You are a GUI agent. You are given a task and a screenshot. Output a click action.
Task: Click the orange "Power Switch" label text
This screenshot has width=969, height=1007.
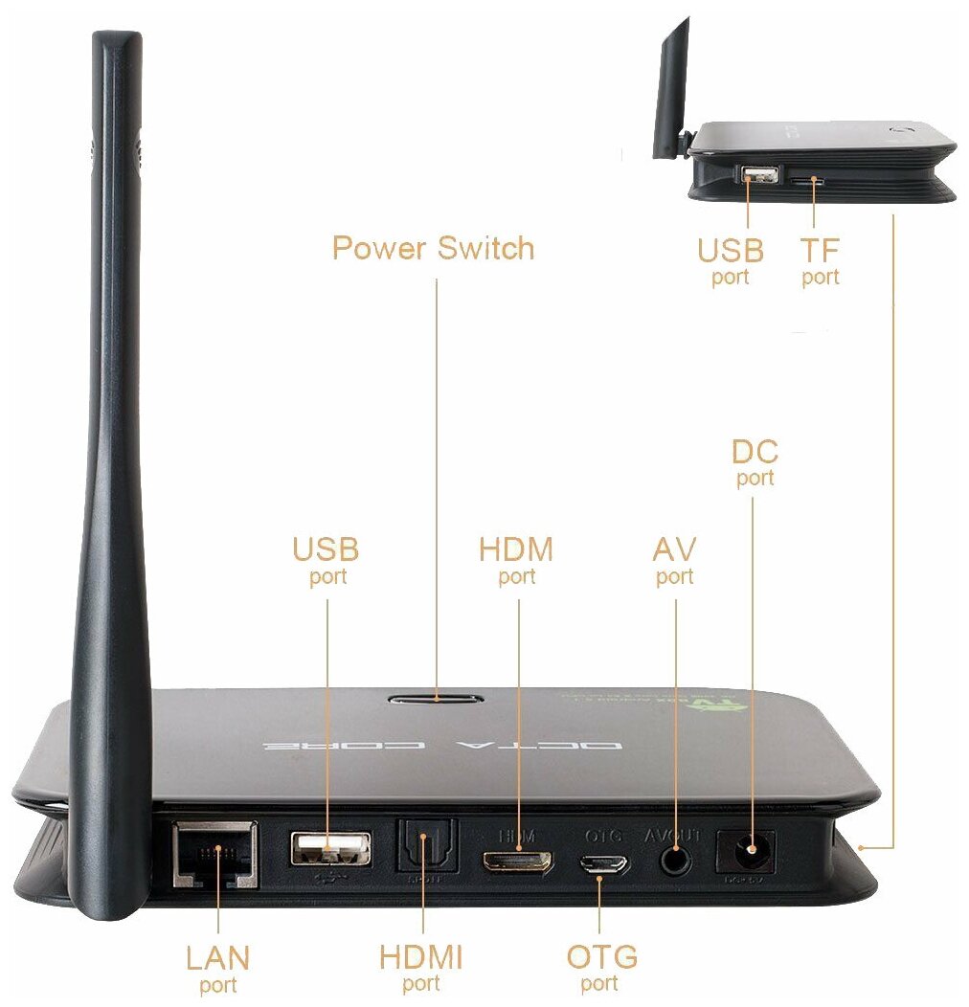(433, 248)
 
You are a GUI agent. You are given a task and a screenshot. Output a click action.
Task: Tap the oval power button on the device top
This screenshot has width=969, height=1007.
(436, 698)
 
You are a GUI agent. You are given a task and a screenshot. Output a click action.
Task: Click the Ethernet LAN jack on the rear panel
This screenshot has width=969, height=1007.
(216, 853)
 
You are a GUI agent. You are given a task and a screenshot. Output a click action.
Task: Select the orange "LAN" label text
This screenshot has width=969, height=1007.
(217, 957)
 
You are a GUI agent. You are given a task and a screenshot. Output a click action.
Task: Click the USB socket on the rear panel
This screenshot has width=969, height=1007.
(330, 847)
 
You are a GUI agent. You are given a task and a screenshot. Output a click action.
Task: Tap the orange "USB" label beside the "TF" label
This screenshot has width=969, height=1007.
(730, 251)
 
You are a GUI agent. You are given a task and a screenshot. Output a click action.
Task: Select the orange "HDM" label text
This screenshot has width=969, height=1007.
(516, 549)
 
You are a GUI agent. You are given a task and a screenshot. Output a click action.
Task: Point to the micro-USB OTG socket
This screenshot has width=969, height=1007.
(601, 863)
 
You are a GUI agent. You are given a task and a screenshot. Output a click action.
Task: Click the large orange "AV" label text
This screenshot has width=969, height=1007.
(674, 549)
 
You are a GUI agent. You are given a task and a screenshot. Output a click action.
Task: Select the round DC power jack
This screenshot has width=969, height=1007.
(751, 850)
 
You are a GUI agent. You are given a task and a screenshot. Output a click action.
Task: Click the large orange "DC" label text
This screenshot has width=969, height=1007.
(755, 451)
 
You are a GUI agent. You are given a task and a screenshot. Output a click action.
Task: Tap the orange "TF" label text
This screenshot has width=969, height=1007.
(820, 251)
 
